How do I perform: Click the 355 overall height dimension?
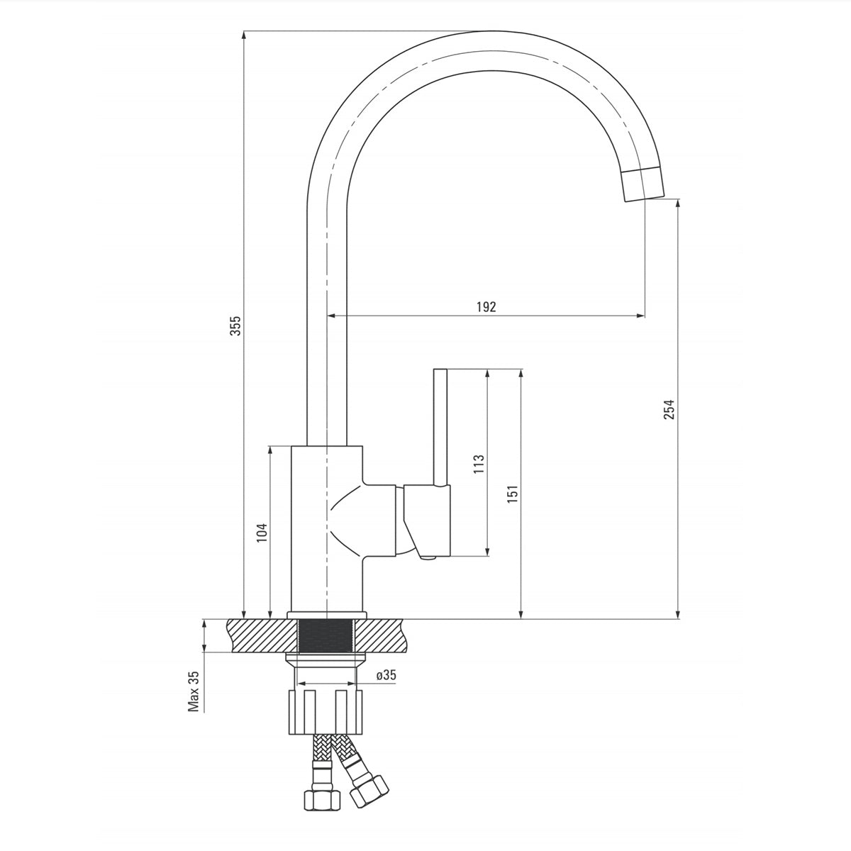(238, 326)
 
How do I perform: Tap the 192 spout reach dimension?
(486, 306)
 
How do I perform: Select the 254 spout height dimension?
(669, 409)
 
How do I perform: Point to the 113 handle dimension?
(479, 463)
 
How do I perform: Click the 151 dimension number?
(513, 494)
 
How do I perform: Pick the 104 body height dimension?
(262, 533)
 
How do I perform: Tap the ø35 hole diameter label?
(386, 675)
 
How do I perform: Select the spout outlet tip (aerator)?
(644, 184)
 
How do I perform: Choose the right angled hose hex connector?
(369, 789)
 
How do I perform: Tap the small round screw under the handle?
(428, 560)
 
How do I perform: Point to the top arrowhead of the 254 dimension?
(678, 203)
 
